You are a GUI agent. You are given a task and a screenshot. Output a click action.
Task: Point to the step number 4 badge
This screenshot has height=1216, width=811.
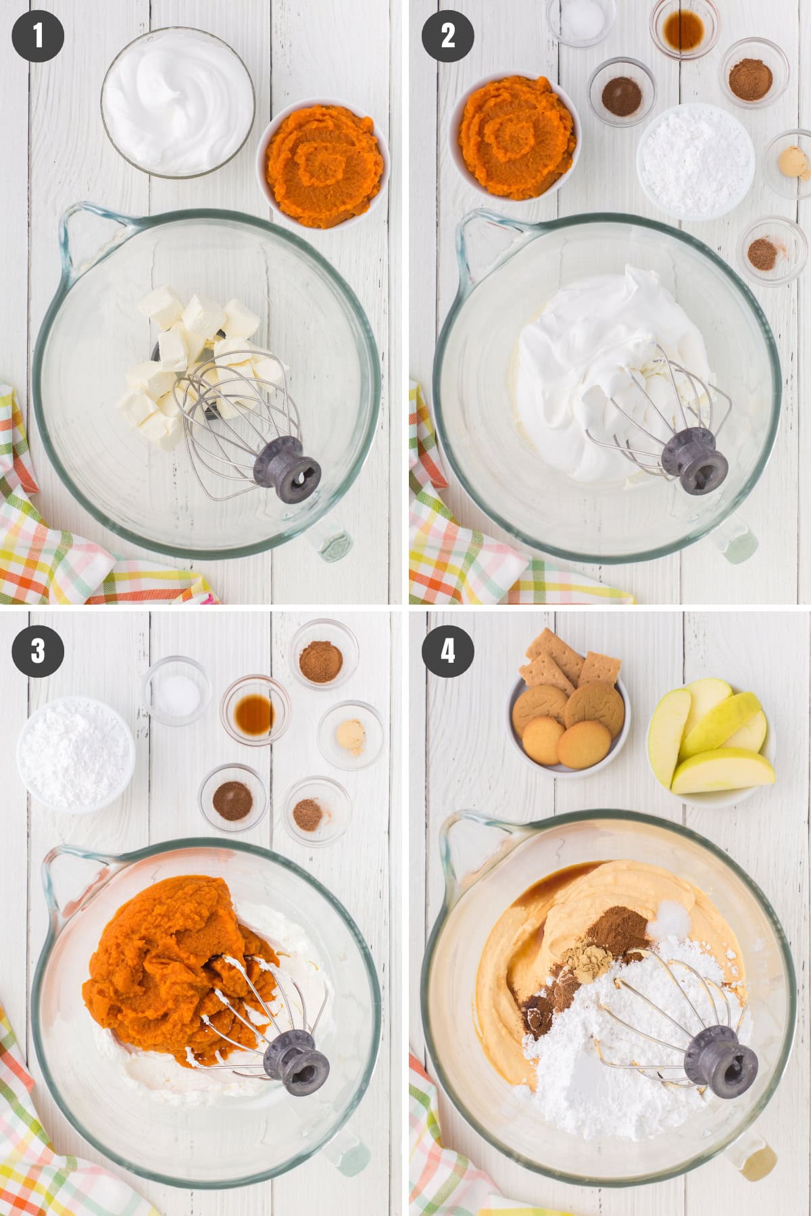[448, 651]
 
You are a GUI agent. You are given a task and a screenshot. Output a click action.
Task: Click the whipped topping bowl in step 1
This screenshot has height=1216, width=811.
[178, 101]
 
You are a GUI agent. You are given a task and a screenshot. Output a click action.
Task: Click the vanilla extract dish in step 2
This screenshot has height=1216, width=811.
[684, 26]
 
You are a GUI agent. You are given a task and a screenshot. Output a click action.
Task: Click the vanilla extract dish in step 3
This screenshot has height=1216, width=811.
[255, 709]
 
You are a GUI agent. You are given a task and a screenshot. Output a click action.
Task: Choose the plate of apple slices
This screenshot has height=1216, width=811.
[711, 743]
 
